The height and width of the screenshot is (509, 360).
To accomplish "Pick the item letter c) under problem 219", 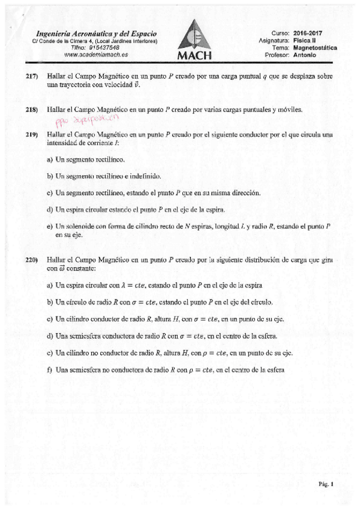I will click(x=50, y=193).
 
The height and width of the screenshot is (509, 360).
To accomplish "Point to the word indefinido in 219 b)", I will click(x=145, y=176).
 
